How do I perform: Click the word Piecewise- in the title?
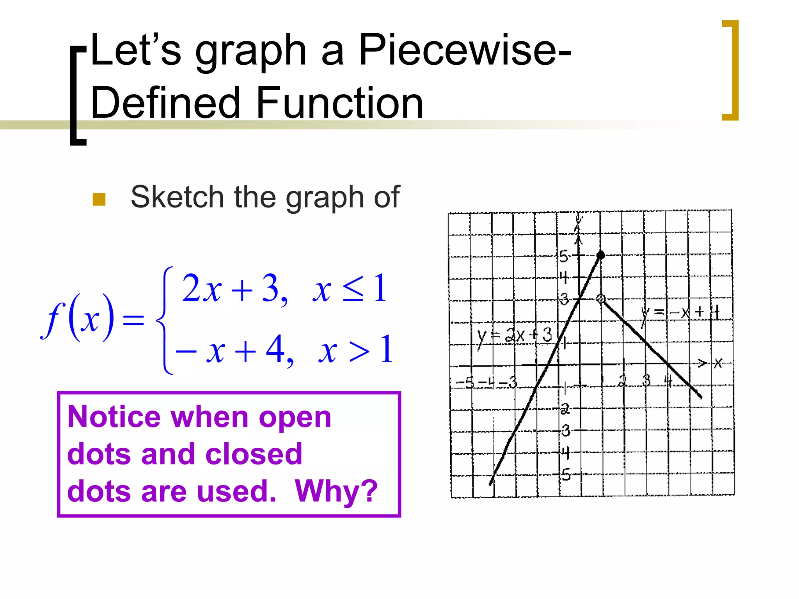464,50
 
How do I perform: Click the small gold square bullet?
99,199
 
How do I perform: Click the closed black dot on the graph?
601,255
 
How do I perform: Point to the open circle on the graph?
601,299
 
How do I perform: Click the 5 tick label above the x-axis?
564,256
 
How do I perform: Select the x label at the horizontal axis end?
718,363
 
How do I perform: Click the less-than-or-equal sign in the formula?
353,289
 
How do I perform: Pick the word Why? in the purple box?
336,491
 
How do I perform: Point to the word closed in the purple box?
254,454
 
